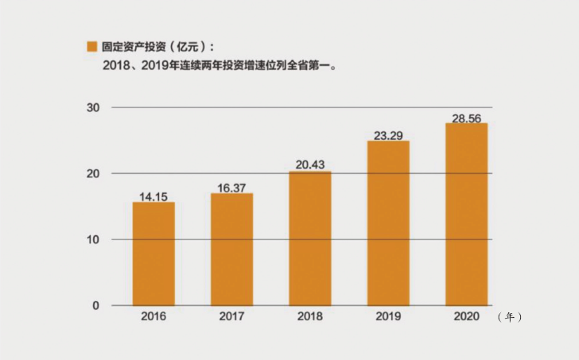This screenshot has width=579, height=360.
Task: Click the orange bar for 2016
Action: click(153, 254)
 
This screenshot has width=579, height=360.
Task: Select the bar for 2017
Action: click(231, 250)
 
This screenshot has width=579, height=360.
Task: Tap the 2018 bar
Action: click(310, 238)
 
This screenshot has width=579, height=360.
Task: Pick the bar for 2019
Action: click(388, 223)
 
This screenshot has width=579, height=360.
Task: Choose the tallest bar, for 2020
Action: click(466, 215)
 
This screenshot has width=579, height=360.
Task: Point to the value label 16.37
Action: click(231, 187)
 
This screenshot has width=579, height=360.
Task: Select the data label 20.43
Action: click(310, 165)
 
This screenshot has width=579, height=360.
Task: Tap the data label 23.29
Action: click(388, 135)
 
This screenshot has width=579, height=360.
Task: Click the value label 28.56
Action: click(466, 116)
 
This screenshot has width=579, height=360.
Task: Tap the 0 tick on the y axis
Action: click(96, 305)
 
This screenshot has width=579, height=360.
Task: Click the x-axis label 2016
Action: click(153, 316)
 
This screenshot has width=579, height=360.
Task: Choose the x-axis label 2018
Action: click(310, 316)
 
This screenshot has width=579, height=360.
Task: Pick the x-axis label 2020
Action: click(466, 316)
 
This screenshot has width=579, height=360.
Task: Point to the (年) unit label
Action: click(509, 317)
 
